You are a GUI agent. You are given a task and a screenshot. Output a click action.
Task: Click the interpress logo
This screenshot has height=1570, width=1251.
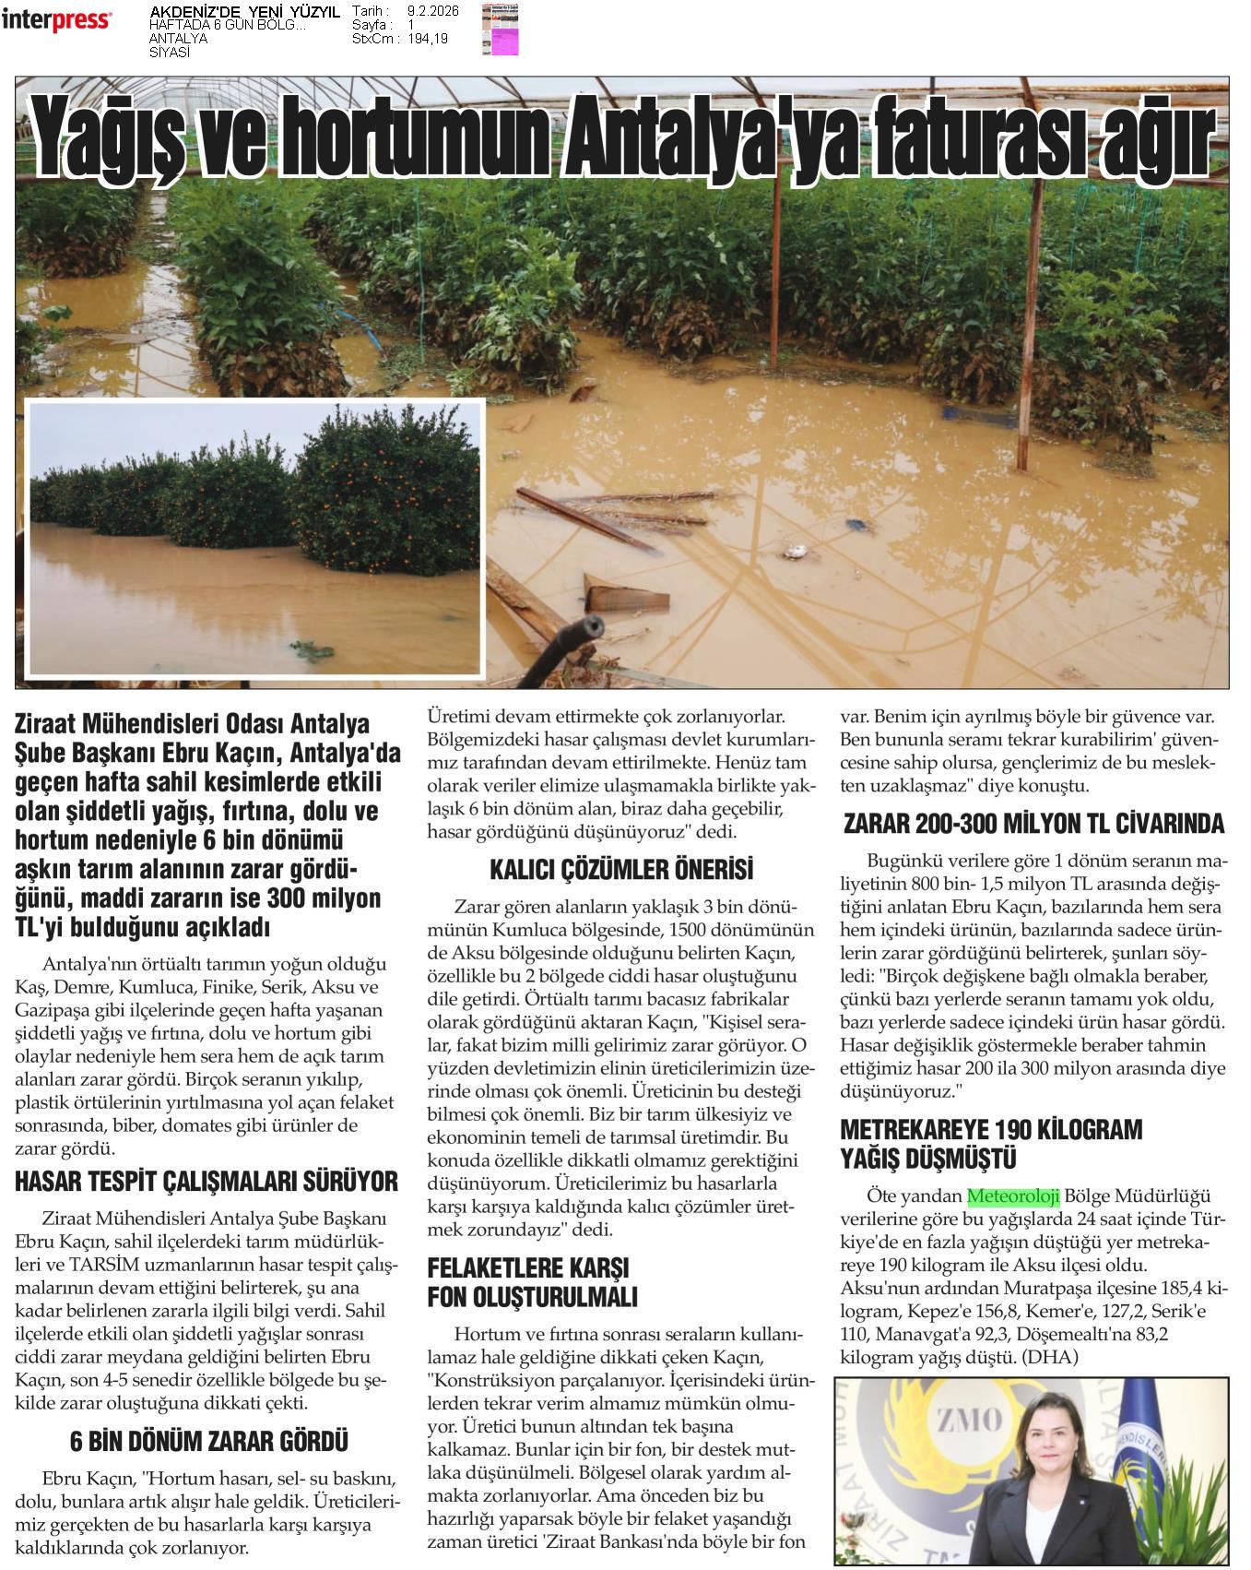pyautogui.click(x=57, y=19)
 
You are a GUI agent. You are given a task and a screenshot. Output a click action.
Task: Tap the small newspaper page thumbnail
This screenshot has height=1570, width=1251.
pyautogui.click(x=500, y=30)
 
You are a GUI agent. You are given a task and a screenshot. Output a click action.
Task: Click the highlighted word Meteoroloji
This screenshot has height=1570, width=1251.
pyautogui.click(x=1013, y=1196)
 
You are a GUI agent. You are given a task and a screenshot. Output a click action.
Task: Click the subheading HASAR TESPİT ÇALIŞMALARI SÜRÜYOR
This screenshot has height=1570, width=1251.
pyautogui.click(x=207, y=1182)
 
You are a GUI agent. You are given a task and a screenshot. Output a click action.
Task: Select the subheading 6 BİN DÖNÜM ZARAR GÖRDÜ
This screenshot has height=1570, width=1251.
pyautogui.click(x=209, y=1441)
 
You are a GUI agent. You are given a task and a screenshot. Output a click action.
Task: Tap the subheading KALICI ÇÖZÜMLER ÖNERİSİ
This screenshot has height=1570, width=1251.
pyautogui.click(x=621, y=869)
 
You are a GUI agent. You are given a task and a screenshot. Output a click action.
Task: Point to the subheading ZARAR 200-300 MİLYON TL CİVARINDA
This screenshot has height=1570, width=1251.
pyautogui.click(x=1033, y=823)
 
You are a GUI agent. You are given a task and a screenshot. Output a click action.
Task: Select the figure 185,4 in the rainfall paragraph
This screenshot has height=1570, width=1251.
pyautogui.click(x=1174, y=1288)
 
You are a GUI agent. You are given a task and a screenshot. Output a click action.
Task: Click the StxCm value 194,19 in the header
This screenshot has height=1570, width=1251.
pyautogui.click(x=428, y=39)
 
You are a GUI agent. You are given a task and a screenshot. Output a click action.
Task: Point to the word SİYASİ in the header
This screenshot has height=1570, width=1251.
pyautogui.click(x=170, y=53)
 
